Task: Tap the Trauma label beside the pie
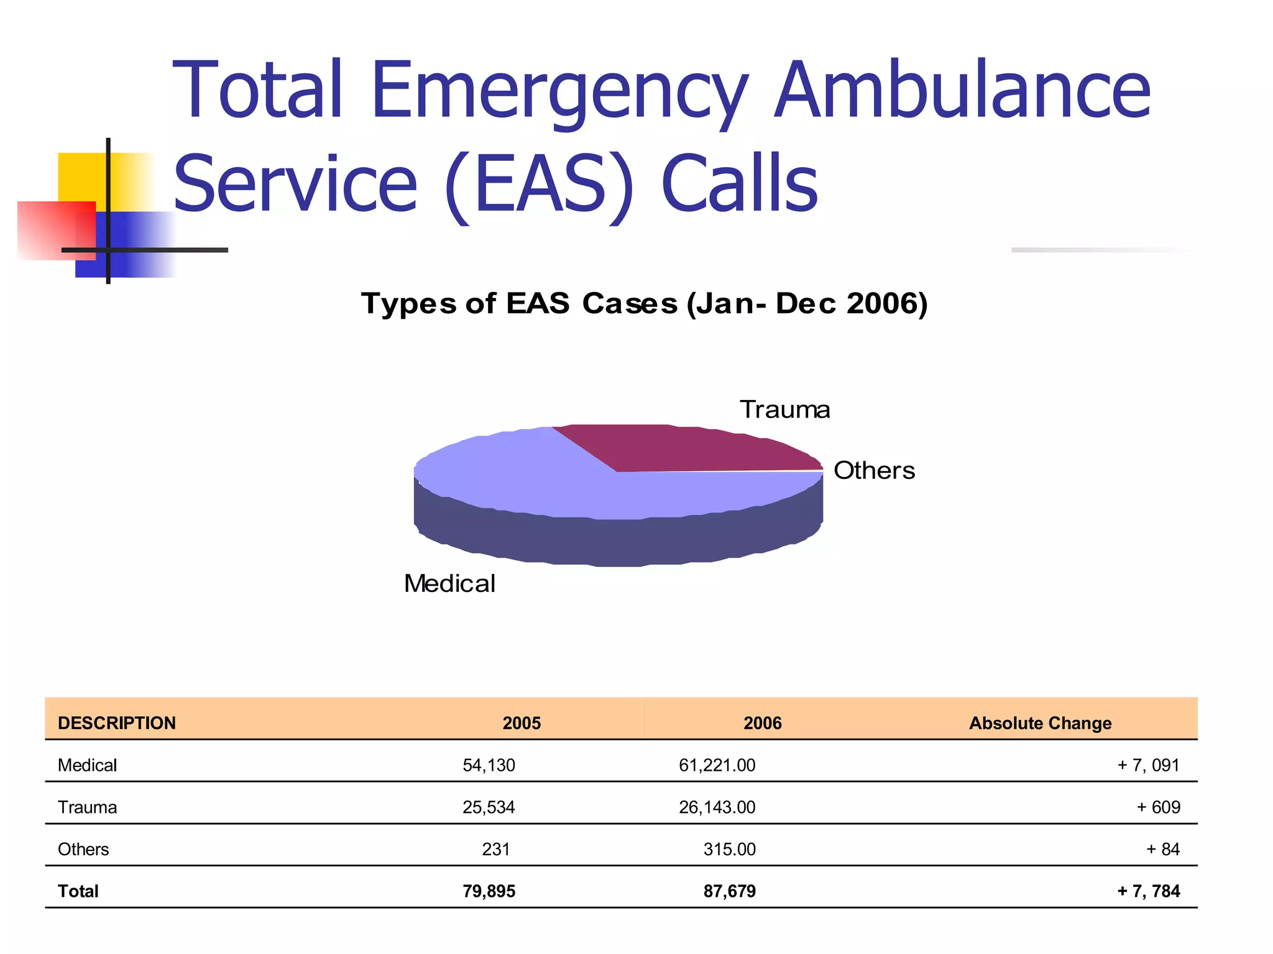point(784,410)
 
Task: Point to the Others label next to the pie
point(873,471)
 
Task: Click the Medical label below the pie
point(449,584)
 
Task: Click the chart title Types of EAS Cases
point(644,304)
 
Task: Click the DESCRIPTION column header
point(117,723)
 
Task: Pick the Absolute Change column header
point(1040,723)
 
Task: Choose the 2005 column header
point(522,723)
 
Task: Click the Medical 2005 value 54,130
point(489,765)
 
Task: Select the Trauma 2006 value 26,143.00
point(717,807)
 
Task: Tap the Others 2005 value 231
point(495,849)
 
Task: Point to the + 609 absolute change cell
point(1158,807)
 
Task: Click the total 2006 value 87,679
point(729,891)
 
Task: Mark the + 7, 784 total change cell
point(1148,891)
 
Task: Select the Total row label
point(78,891)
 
